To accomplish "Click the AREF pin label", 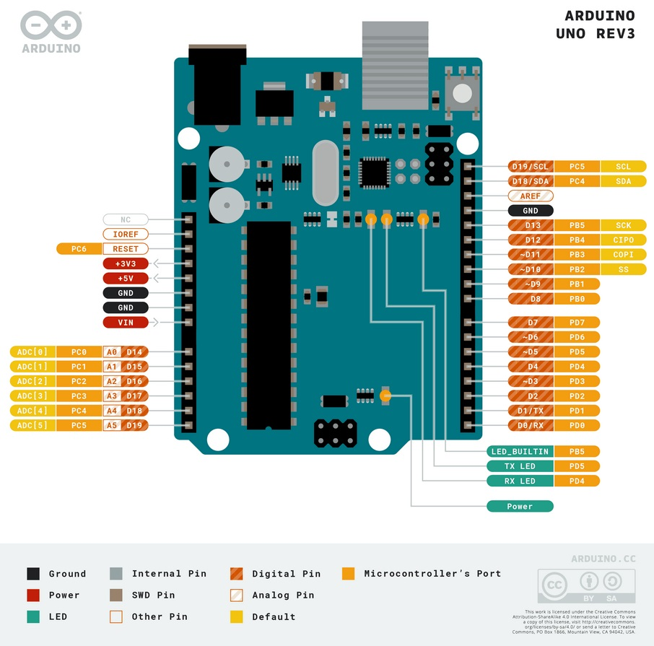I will pyautogui.click(x=531, y=196).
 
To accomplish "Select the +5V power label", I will pyautogui.click(x=126, y=278).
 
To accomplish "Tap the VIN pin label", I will pyautogui.click(x=126, y=322).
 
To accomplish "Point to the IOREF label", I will pyautogui.click(x=126, y=234).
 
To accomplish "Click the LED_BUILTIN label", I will pyautogui.click(x=520, y=451).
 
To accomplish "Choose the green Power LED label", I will pyautogui.click(x=520, y=506).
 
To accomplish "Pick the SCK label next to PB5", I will pyautogui.click(x=623, y=225).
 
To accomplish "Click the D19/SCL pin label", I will pyautogui.click(x=531, y=166).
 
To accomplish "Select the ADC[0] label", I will pyautogui.click(x=32, y=352).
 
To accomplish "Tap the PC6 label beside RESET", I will pyautogui.click(x=79, y=248).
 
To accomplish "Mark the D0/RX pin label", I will pyautogui.click(x=531, y=425).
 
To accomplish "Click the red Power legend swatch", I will pyautogui.click(x=33, y=595).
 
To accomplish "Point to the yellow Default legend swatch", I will pyautogui.click(x=236, y=616).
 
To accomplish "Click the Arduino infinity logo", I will pyautogui.click(x=51, y=25).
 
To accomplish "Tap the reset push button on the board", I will pyautogui.click(x=462, y=92).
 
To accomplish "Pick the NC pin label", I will pyautogui.click(x=126, y=219).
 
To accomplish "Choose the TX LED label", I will pyautogui.click(x=520, y=466).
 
